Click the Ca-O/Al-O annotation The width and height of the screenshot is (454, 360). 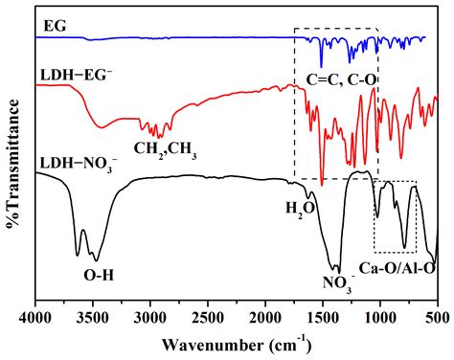coord(398,268)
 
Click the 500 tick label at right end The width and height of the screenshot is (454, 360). coord(437,314)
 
